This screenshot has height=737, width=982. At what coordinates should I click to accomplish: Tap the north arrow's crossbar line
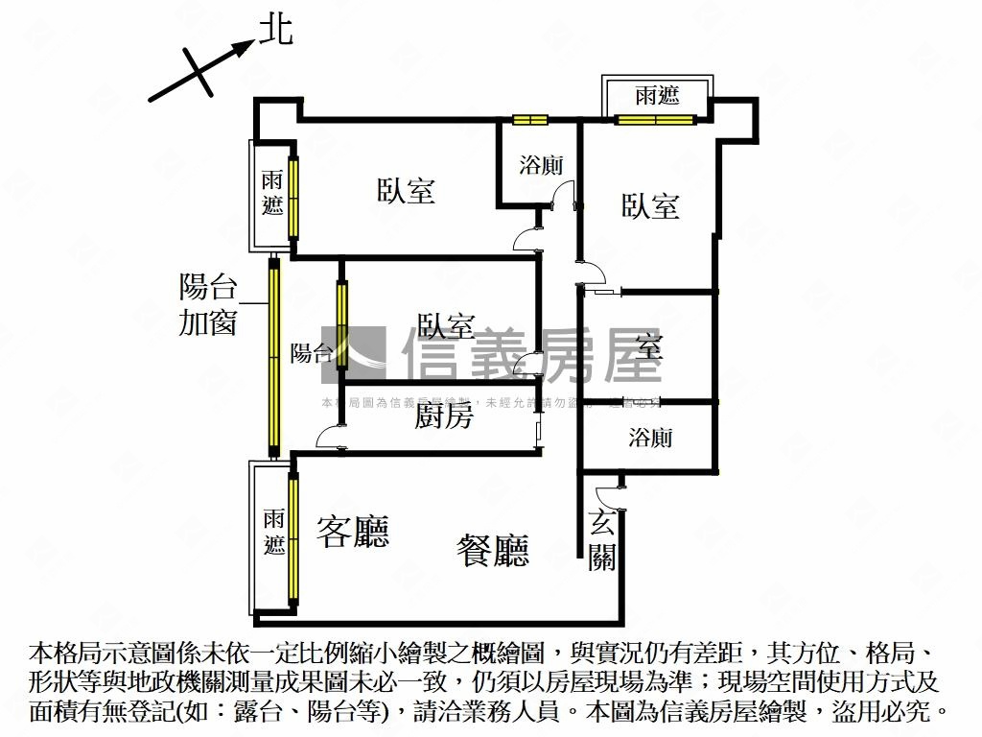tap(196, 73)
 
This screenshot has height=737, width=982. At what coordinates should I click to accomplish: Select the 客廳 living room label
tap(353, 531)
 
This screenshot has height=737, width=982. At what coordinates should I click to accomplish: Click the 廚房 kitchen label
tap(444, 416)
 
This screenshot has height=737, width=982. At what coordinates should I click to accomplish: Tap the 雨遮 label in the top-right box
tap(657, 95)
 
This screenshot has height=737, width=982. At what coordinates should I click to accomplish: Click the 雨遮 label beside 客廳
tap(274, 533)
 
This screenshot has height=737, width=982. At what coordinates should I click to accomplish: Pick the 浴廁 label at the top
tap(541, 165)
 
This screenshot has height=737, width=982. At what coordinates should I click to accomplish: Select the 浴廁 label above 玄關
tap(650, 439)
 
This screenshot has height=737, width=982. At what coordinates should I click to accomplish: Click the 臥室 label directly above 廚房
tap(446, 326)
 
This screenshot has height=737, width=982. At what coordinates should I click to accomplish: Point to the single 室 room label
tap(649, 347)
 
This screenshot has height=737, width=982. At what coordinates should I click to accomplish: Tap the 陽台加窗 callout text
tap(207, 304)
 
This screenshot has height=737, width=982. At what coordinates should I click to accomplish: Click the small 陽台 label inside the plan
tap(312, 353)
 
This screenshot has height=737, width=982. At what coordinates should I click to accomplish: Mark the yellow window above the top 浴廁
tap(529, 120)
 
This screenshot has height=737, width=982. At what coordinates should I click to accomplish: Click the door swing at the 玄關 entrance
tap(608, 496)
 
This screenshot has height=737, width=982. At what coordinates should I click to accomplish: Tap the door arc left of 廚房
tap(328, 438)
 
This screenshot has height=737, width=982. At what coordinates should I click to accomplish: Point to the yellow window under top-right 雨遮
tap(655, 120)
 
